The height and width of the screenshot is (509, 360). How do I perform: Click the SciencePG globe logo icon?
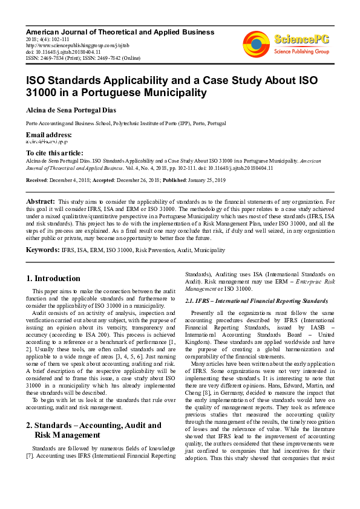pyautogui.click(x=256, y=43)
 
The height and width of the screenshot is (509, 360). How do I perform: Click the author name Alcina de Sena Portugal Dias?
pyautogui.click(x=79, y=111)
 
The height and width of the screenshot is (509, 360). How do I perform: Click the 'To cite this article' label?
pyautogui.click(x=54, y=153)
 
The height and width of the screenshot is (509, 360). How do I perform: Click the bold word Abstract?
pyautogui.click(x=41, y=201)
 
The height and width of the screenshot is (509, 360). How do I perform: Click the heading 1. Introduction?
pyautogui.click(x=54, y=279)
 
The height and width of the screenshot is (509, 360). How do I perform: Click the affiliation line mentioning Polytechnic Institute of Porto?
pyautogui.click(x=126, y=123)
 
